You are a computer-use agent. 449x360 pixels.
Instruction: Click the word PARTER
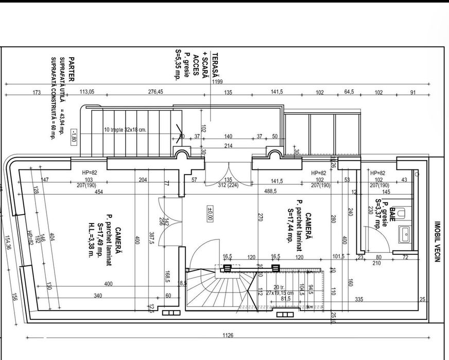(71, 69)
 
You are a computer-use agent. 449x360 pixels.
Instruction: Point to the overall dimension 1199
(217, 81)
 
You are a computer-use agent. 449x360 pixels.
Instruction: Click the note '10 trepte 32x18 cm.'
(125, 130)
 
